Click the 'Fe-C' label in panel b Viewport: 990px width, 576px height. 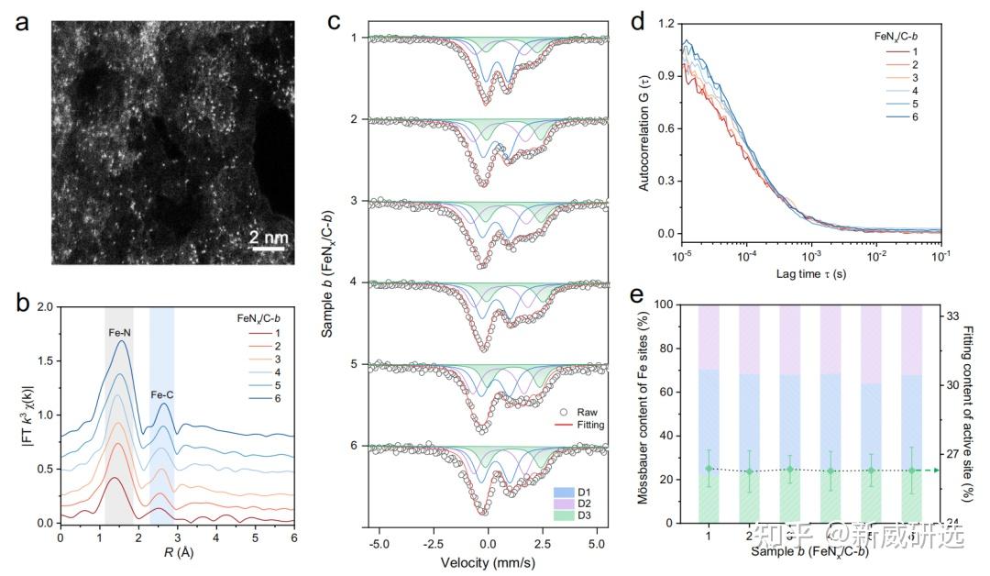point(162,395)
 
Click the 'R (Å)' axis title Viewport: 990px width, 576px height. point(176,554)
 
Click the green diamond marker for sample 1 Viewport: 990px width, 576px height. point(709,469)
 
